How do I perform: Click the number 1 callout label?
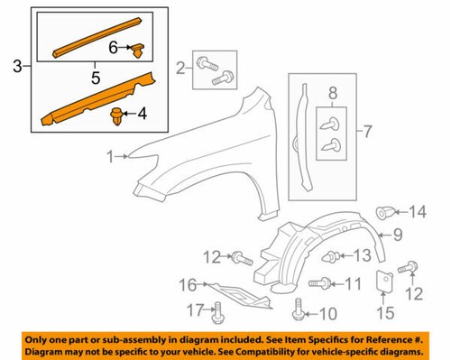click(109, 158)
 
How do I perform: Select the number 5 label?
click(93, 78)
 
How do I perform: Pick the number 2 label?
click(181, 67)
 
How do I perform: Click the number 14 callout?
click(418, 213)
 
